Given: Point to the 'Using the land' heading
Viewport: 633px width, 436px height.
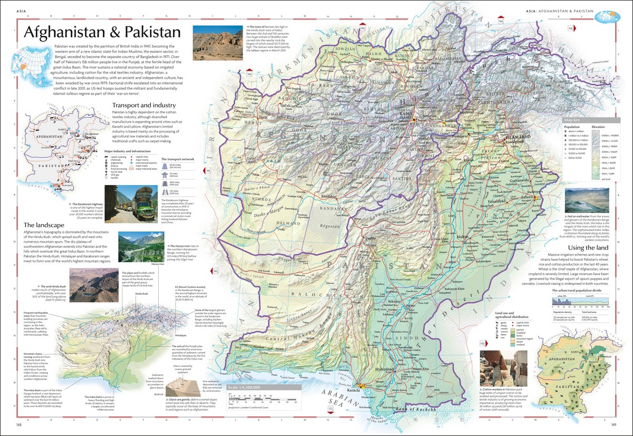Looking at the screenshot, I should (x=588, y=248).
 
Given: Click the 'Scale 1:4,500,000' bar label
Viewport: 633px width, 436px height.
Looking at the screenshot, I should (x=247, y=387).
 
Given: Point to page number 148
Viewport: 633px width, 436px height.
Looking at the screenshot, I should (x=19, y=424).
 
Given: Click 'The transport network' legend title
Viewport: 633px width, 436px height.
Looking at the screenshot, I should (x=181, y=158).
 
